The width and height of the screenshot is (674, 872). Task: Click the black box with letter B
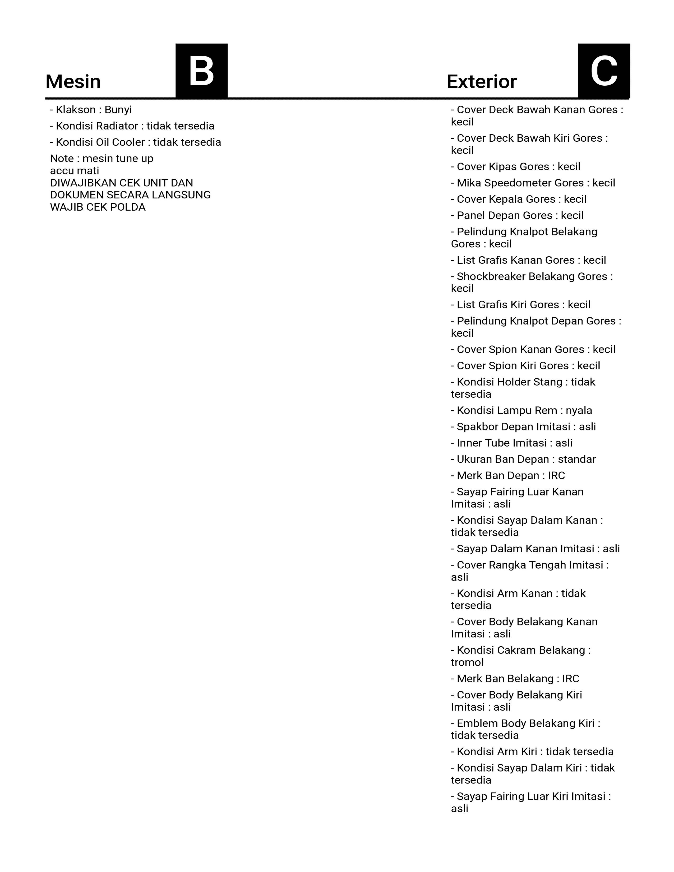(x=202, y=71)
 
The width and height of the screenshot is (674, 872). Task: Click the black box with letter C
(x=604, y=71)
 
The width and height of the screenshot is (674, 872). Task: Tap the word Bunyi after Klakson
(x=118, y=110)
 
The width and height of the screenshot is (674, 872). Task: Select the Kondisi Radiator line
(x=132, y=126)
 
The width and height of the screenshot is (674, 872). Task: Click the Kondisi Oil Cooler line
(x=135, y=142)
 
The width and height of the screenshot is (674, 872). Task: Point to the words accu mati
(x=74, y=171)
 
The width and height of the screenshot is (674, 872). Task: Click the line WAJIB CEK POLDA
(x=98, y=207)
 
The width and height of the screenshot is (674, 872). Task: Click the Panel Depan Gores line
(x=517, y=216)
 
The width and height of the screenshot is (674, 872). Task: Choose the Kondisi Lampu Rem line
(x=521, y=410)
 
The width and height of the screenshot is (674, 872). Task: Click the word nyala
(x=579, y=410)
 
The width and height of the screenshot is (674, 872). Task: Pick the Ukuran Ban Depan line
(x=523, y=459)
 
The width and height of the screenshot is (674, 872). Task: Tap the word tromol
(x=467, y=662)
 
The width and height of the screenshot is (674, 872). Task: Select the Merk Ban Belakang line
(x=515, y=679)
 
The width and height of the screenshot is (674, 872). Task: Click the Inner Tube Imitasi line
(x=511, y=443)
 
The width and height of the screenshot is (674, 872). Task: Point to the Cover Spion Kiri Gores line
(x=525, y=366)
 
